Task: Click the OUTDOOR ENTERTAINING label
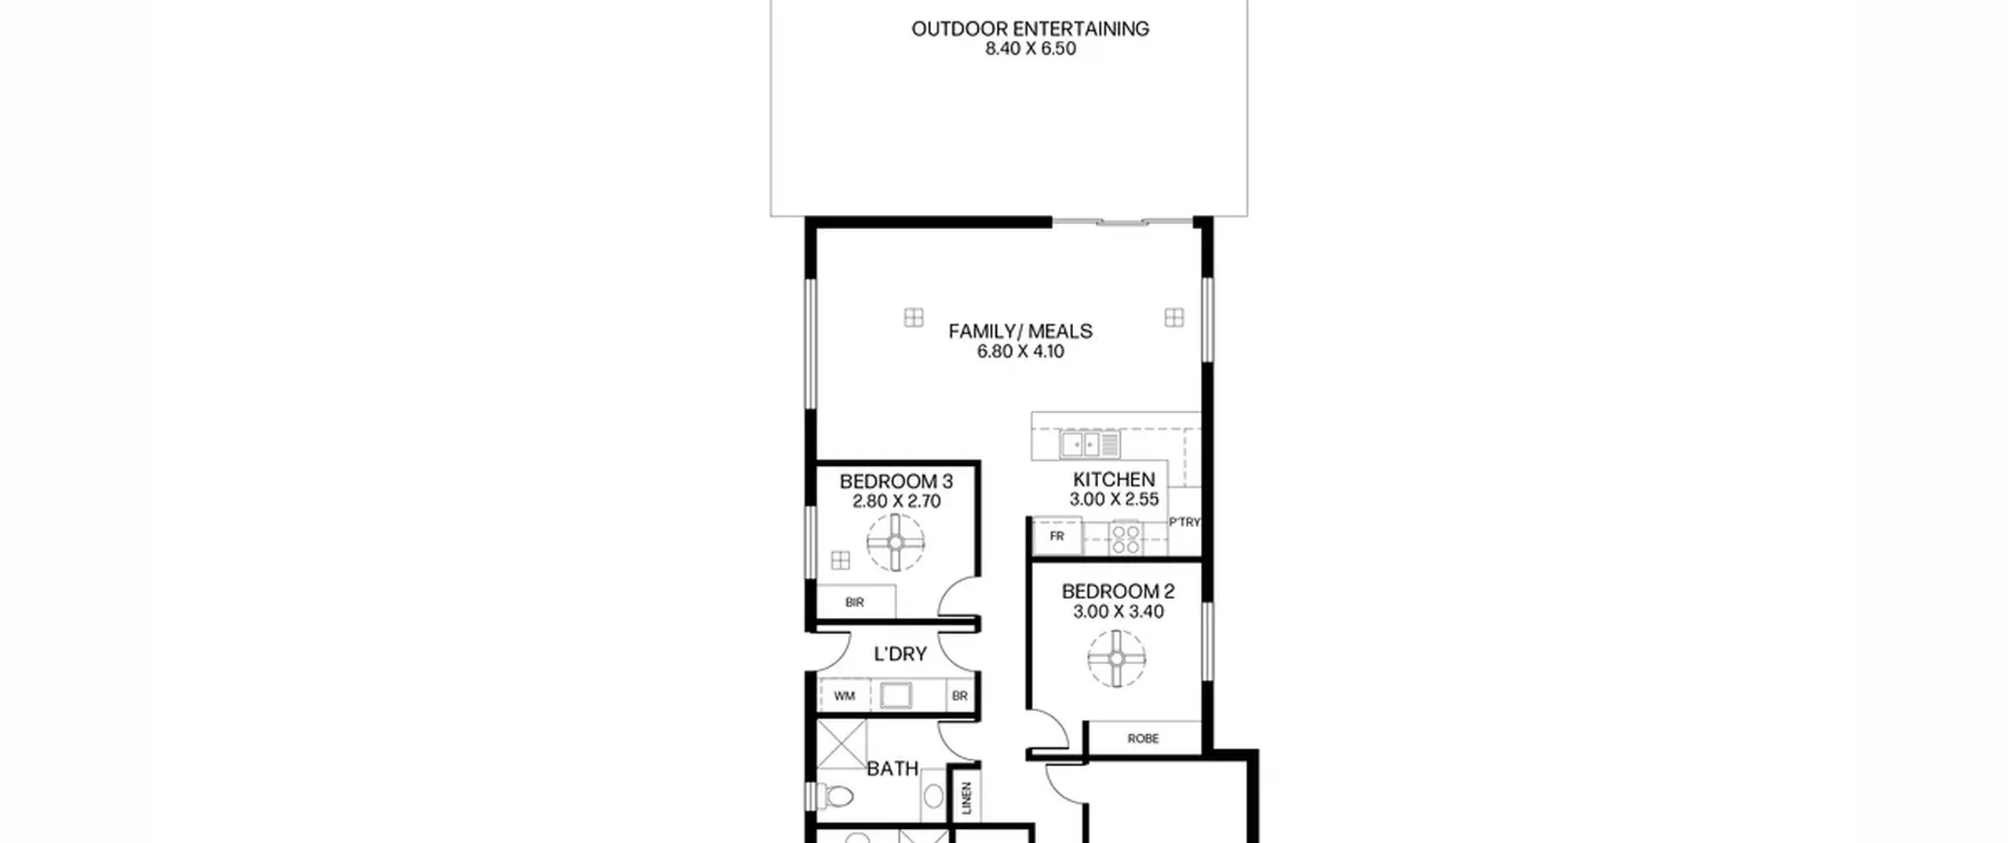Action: click(x=1030, y=29)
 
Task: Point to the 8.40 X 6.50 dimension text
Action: click(x=1030, y=49)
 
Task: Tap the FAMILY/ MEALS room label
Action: click(x=1020, y=332)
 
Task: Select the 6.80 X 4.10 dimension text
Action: click(x=1020, y=351)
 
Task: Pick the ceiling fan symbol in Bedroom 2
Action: click(x=1117, y=659)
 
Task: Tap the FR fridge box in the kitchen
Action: click(x=1057, y=536)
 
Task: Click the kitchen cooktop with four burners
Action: click(x=1126, y=539)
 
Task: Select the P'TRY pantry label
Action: click(x=1184, y=522)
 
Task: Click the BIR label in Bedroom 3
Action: click(x=855, y=602)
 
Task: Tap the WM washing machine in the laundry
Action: click(x=844, y=696)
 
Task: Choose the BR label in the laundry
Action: click(x=960, y=696)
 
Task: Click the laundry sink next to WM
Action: click(x=895, y=696)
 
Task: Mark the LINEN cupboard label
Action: click(x=966, y=798)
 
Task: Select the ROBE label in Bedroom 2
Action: click(x=1143, y=739)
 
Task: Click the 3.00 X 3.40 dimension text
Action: click(x=1119, y=612)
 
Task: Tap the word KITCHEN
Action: click(x=1114, y=479)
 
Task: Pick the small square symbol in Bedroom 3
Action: click(x=841, y=560)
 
